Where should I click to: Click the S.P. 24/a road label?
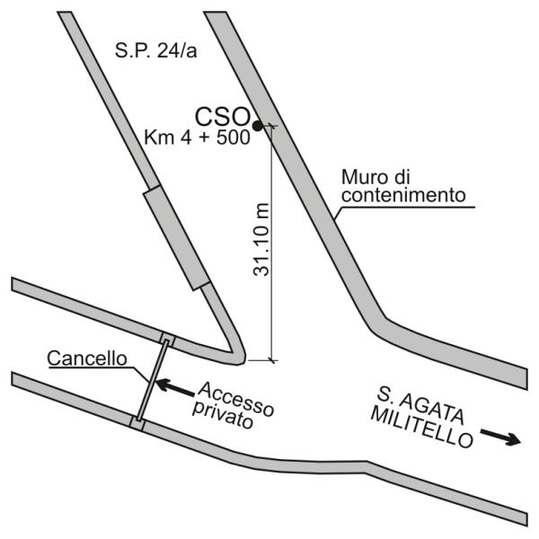point(155,51)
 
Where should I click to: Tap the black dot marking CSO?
point(258,126)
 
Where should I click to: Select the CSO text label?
point(223,117)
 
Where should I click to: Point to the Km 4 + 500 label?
point(197,137)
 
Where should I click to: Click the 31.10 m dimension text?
point(261,240)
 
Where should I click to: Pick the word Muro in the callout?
point(364,177)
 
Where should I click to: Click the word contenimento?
point(403,195)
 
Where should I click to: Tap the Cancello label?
point(87,358)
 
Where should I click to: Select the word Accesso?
point(236,399)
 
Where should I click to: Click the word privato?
point(223,415)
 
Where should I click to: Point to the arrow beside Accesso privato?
point(175,387)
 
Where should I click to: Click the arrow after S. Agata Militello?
point(501,437)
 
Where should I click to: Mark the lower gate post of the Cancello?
point(137,422)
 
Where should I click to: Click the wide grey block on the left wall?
point(176,238)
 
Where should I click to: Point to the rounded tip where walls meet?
point(240,358)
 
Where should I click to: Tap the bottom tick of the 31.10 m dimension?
point(272,360)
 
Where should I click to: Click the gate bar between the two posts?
point(152,380)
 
